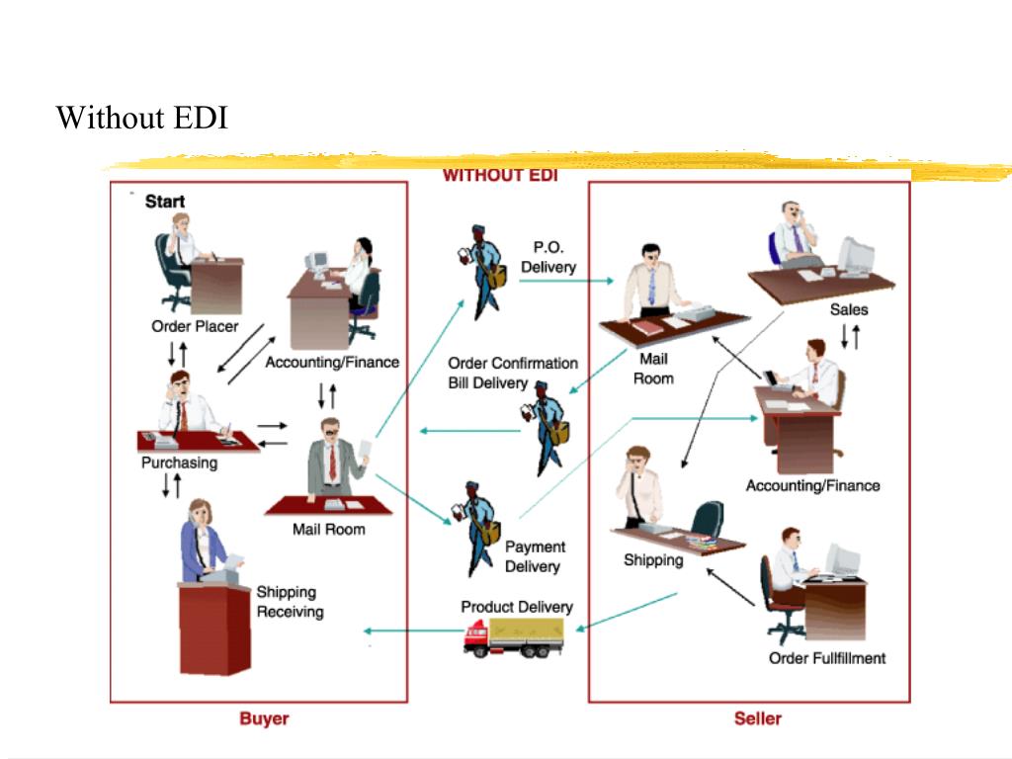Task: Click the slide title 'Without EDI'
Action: (x=142, y=118)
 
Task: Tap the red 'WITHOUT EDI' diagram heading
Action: (x=499, y=175)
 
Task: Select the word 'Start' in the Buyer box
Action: (x=165, y=202)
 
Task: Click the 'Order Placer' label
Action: (x=195, y=326)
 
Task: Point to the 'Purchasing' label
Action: (x=179, y=463)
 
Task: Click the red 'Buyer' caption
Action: (x=264, y=718)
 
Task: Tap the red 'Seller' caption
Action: (x=757, y=718)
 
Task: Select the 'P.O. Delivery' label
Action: (x=548, y=257)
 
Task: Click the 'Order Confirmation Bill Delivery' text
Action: (x=512, y=373)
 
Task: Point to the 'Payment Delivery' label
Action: (x=535, y=556)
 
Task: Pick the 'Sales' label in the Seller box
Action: (x=848, y=309)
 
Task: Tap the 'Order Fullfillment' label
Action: (x=827, y=658)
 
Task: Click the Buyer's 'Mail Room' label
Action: (x=328, y=530)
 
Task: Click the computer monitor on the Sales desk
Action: (x=855, y=255)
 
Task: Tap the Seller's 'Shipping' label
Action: (x=652, y=560)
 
